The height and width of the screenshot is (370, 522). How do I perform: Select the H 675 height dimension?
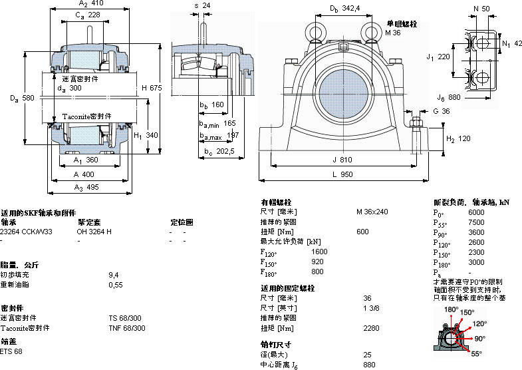click(152, 88)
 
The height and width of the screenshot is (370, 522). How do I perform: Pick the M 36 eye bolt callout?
click(392, 32)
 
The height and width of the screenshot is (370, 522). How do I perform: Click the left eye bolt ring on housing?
click(315, 31)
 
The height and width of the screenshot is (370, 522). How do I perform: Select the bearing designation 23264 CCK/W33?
click(26, 232)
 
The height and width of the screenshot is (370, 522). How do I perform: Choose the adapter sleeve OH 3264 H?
click(94, 232)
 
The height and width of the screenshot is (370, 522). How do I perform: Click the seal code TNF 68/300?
click(126, 328)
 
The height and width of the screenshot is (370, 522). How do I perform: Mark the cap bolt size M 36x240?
click(372, 212)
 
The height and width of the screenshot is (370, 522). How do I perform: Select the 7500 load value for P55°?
click(477, 222)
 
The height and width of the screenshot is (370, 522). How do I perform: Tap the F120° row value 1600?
click(319, 252)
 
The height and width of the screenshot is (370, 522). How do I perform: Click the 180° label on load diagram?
click(450, 309)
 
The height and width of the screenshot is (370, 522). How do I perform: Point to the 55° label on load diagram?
click(477, 354)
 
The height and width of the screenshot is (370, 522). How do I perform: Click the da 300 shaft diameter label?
click(69, 88)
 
